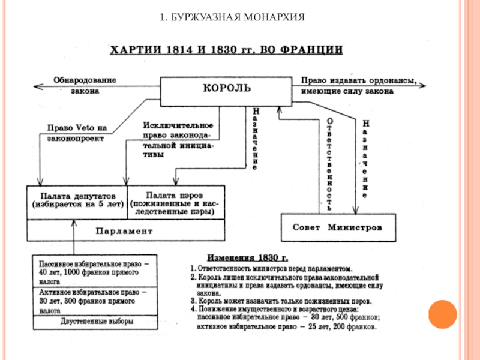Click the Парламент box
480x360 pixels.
(125, 230)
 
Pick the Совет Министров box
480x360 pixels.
(338, 229)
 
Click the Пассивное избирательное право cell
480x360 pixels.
(95, 271)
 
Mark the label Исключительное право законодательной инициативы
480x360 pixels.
(179, 139)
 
